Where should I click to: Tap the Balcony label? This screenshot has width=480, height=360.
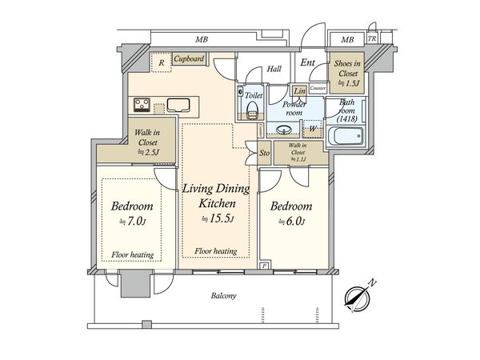point(223,296)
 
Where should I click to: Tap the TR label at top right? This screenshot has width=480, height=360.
point(371,39)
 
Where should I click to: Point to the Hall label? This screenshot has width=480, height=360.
point(274,68)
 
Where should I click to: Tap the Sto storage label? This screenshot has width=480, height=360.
point(264,150)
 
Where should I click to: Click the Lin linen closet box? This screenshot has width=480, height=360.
point(298,91)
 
